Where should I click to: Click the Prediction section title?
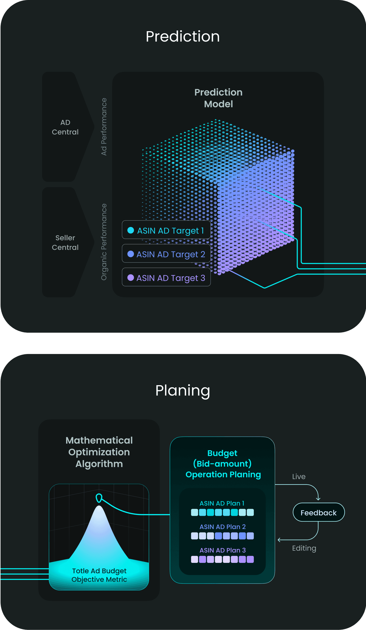183,36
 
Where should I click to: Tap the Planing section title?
183,391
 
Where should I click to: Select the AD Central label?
65,127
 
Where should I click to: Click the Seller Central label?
65,242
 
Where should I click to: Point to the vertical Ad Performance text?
104,127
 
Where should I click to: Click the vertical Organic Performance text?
104,242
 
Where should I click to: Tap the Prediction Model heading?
219,98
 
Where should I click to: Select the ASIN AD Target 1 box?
166,230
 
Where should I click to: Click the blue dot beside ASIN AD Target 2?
131,254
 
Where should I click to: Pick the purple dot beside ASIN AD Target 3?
131,278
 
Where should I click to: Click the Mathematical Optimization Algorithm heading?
99,452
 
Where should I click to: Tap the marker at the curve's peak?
99,498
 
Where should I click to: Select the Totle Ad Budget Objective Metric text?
99,575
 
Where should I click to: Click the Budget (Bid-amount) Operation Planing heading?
223,464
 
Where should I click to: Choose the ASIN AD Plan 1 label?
222,503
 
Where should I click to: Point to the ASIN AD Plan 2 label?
223,527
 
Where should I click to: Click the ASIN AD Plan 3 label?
223,550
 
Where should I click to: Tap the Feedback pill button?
319,512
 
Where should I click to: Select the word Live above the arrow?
299,477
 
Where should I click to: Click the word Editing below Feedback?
304,548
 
